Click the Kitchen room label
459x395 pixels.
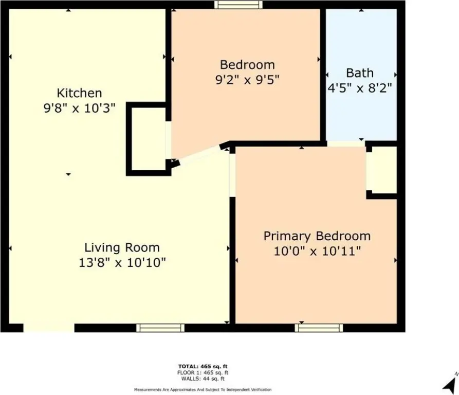pyautogui.click(x=79, y=93)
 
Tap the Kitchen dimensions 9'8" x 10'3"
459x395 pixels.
pyautogui.click(x=79, y=109)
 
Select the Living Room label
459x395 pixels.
pyautogui.click(x=122, y=248)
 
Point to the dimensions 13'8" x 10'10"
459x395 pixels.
pyautogui.click(x=122, y=263)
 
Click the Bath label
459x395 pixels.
pyautogui.click(x=360, y=73)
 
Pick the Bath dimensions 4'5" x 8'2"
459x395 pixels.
pyautogui.click(x=360, y=88)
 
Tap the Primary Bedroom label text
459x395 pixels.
pyautogui.click(x=317, y=236)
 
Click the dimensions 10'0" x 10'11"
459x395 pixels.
pyautogui.click(x=317, y=251)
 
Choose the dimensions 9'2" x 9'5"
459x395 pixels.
pyautogui.click(x=247, y=80)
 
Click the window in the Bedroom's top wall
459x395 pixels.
pyautogui.click(x=238, y=5)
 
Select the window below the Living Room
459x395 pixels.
pyautogui.click(x=160, y=328)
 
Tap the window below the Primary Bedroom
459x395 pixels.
pyautogui.click(x=319, y=328)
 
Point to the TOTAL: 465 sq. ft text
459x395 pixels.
pyautogui.click(x=203, y=366)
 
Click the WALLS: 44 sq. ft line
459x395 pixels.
pyautogui.click(x=203, y=379)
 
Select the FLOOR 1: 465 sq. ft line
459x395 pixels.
pyautogui.click(x=203, y=372)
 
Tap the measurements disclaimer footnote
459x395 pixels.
pyautogui.click(x=203, y=390)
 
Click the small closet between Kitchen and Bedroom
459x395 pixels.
pyautogui.click(x=149, y=138)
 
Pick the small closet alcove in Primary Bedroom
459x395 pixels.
pyautogui.click(x=381, y=170)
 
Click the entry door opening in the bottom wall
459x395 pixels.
pyautogui.click(x=49, y=328)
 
